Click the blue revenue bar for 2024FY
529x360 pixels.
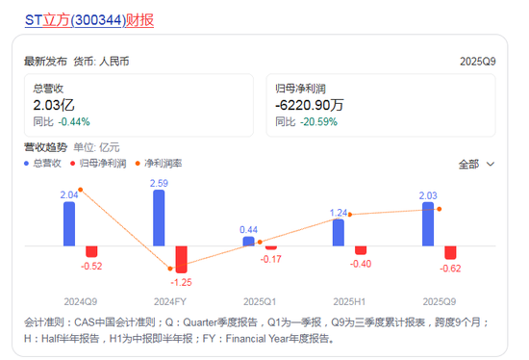(x=159, y=218)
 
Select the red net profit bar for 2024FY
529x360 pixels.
(x=181, y=258)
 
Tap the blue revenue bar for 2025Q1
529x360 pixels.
(x=248, y=241)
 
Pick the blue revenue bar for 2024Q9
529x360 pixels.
(x=69, y=223)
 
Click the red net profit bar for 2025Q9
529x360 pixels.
(x=450, y=252)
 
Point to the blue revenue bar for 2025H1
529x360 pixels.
(x=338, y=232)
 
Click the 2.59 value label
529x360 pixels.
(x=160, y=183)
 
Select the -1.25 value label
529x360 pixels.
(x=183, y=281)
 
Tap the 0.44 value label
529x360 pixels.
(x=248, y=229)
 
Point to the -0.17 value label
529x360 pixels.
(x=271, y=260)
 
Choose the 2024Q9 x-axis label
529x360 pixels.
(x=81, y=299)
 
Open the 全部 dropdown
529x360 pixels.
(x=476, y=164)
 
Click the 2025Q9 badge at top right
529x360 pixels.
(x=477, y=62)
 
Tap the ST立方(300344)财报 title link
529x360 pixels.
(x=88, y=19)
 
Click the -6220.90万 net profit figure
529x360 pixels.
(x=311, y=105)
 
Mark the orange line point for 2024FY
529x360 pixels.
(x=170, y=269)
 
